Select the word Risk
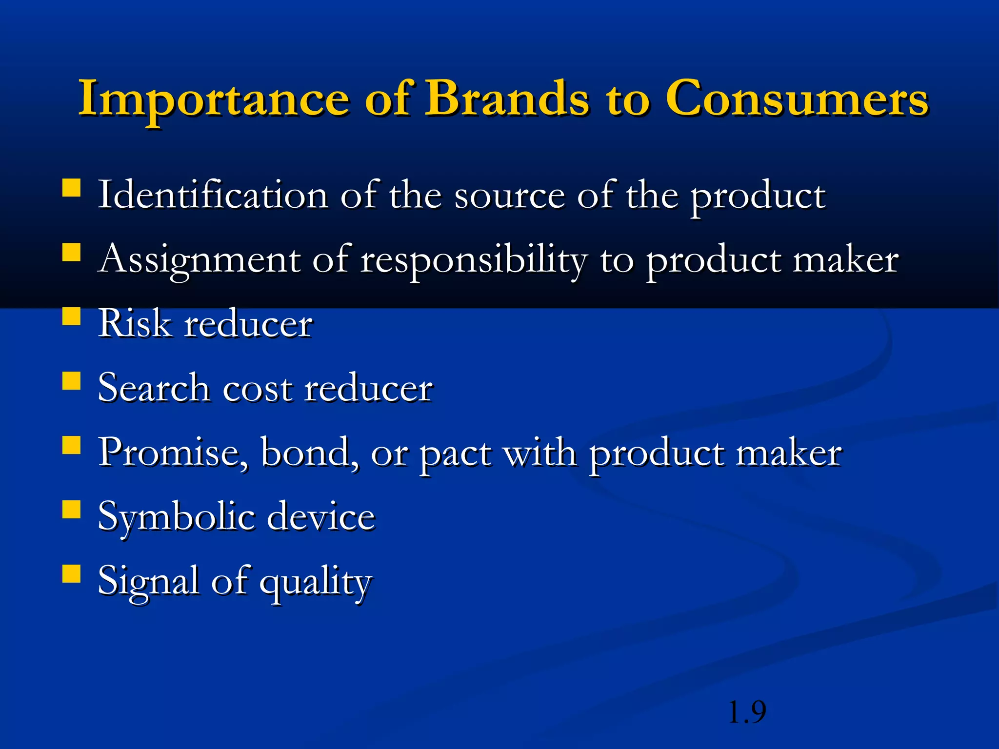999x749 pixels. pyautogui.click(x=135, y=323)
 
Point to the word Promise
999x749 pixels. pyautogui.click(x=173, y=453)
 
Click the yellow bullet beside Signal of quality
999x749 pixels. pyautogui.click(x=72, y=574)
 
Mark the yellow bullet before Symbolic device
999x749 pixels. pyautogui.click(x=72, y=510)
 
